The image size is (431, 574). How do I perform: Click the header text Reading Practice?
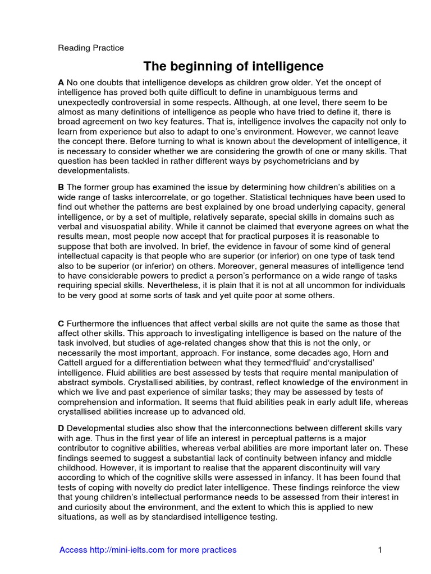[91, 48]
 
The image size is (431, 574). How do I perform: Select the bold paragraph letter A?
[61, 82]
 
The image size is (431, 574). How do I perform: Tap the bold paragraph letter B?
[61, 187]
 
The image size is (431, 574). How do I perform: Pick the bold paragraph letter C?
[61, 323]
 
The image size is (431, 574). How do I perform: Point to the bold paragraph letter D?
[61, 428]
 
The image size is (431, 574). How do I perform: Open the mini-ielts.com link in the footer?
[148, 550]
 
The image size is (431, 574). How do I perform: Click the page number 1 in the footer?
[379, 550]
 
